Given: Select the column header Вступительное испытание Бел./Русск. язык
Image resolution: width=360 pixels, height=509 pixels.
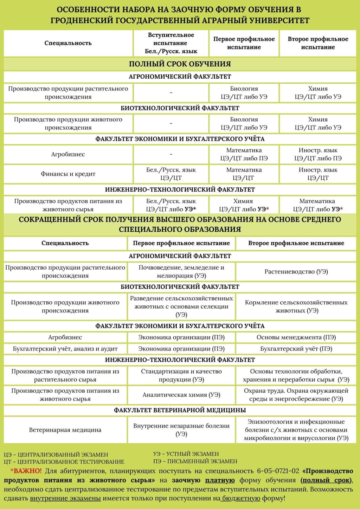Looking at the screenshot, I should [x=171, y=43].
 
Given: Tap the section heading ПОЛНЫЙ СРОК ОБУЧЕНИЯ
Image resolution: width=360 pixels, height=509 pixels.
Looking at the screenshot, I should [x=180, y=64].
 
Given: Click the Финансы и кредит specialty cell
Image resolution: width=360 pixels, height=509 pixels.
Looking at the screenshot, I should [x=68, y=174].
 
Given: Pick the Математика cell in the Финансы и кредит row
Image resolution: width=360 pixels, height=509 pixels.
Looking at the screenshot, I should [x=244, y=174].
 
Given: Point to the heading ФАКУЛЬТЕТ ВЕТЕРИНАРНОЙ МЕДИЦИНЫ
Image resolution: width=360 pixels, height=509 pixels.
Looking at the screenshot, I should [x=180, y=410].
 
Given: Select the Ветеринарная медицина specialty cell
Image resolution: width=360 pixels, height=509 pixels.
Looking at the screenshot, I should [x=65, y=430].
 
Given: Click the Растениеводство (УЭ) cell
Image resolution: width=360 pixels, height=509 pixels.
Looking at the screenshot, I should [x=296, y=271].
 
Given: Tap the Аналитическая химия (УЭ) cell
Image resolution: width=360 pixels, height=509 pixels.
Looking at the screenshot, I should [x=181, y=395].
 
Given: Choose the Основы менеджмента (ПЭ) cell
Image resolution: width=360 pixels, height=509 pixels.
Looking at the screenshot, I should [x=296, y=337].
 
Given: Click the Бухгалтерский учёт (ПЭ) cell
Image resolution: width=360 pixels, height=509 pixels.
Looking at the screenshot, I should [x=296, y=349].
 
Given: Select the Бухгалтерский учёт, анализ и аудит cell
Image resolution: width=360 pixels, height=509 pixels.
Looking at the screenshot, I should [x=65, y=349].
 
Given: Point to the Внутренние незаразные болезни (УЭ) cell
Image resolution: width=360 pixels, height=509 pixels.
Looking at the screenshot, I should [x=181, y=430].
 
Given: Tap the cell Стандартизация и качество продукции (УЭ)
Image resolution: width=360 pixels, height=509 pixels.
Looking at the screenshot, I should [x=181, y=375].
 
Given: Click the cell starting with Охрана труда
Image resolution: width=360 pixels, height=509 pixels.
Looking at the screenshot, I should [x=296, y=395].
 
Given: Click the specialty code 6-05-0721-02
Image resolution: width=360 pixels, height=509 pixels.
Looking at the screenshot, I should [x=278, y=471].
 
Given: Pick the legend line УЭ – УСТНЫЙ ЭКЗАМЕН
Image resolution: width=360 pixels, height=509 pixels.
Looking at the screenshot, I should [x=186, y=454].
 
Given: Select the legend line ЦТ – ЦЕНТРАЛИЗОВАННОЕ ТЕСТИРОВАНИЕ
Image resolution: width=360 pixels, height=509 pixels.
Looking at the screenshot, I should [x=64, y=462].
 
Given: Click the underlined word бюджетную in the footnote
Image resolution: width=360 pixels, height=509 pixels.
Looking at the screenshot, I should [x=241, y=498].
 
